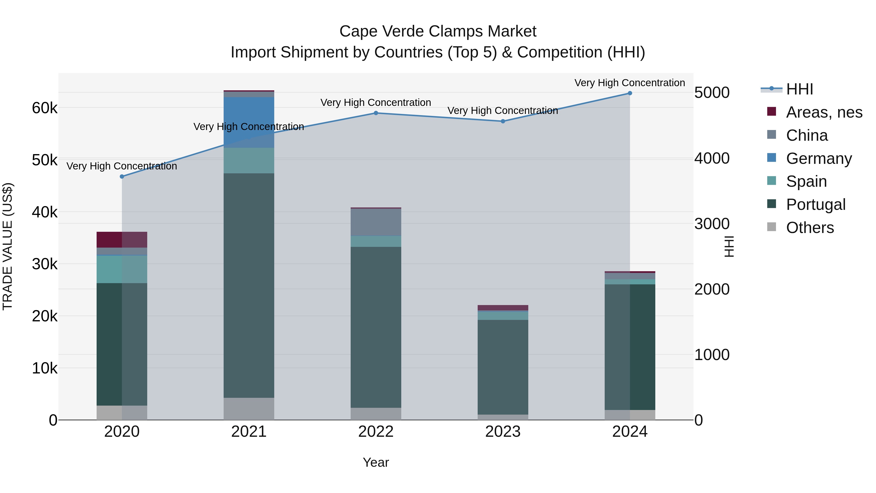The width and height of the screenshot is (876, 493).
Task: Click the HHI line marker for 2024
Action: click(x=630, y=93)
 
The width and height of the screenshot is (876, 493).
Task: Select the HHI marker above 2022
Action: click(x=376, y=113)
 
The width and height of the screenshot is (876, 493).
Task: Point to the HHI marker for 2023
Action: click(x=503, y=121)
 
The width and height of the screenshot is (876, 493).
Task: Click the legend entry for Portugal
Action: click(x=815, y=204)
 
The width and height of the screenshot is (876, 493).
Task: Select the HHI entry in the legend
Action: click(x=799, y=89)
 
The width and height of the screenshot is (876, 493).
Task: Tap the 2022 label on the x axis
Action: click(x=376, y=431)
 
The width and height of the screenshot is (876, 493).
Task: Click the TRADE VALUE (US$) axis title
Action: click(x=8, y=246)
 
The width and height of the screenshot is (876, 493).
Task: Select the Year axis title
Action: click(x=376, y=462)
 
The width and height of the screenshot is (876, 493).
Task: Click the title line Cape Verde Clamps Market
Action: click(x=438, y=31)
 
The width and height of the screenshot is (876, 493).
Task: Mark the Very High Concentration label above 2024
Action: click(x=630, y=83)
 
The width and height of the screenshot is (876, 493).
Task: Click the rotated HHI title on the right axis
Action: click(x=729, y=246)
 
